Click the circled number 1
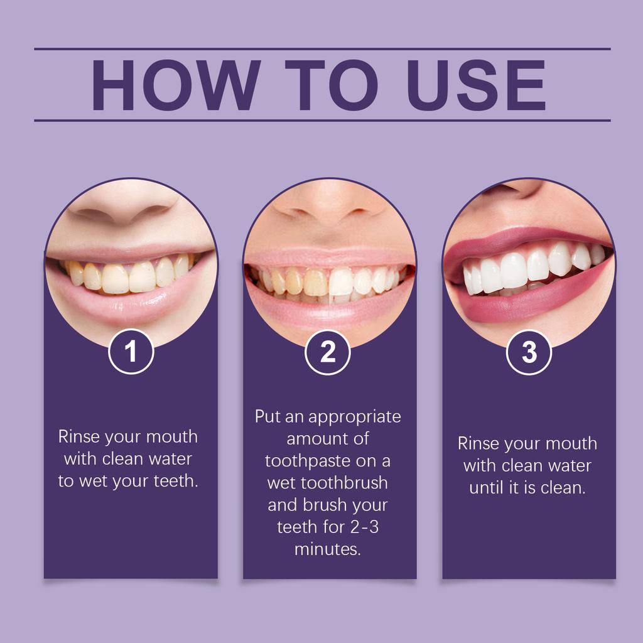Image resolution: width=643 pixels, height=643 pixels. click(x=131, y=352)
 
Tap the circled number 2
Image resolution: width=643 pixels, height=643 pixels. click(x=328, y=352)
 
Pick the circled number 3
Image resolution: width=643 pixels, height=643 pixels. click(x=529, y=352)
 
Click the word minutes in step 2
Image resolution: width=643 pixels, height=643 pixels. click(x=327, y=549)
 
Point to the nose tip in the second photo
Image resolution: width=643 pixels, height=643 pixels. click(x=329, y=210)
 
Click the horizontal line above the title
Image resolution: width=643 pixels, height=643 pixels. click(x=321, y=48)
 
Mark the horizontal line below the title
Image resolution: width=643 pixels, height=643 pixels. click(x=321, y=120)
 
